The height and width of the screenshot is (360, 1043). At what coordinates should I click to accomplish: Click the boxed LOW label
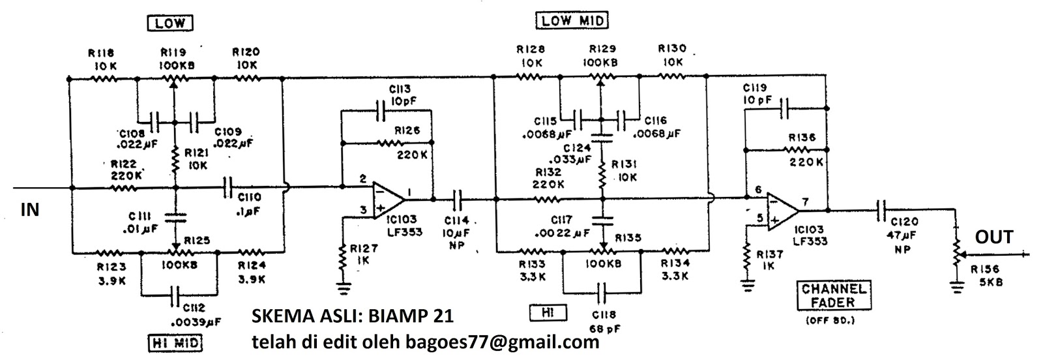171,23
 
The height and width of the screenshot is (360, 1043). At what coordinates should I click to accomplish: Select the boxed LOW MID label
572,21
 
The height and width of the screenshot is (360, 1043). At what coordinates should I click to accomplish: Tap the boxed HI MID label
175,342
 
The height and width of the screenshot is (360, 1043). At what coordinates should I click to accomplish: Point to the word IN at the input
30,210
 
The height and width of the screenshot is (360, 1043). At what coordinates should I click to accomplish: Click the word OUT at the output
993,237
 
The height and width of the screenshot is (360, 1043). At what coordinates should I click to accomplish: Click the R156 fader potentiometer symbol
957,252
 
